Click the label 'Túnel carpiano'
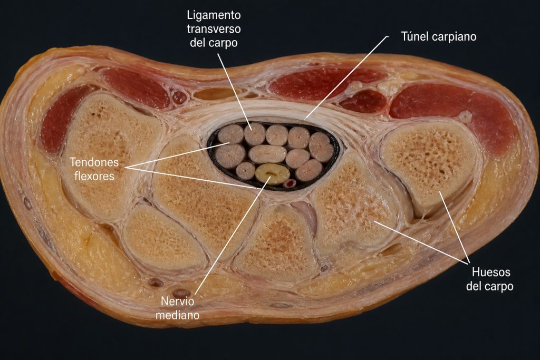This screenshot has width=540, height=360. (439, 36)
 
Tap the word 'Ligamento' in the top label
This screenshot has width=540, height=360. (214, 15)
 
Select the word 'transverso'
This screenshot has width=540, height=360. (214, 29)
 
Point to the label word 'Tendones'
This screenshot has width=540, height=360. (94, 162)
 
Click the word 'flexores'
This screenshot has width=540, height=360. (94, 176)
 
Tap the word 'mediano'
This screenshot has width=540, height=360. (177, 315)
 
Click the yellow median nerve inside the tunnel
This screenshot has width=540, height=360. (273, 174)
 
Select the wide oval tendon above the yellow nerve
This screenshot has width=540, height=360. (267, 154)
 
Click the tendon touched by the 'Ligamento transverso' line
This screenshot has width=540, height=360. (255, 134)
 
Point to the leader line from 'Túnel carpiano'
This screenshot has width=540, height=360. (346, 78)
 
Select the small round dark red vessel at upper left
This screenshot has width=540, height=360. (179, 98)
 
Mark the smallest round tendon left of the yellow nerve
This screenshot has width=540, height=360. (246, 171)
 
